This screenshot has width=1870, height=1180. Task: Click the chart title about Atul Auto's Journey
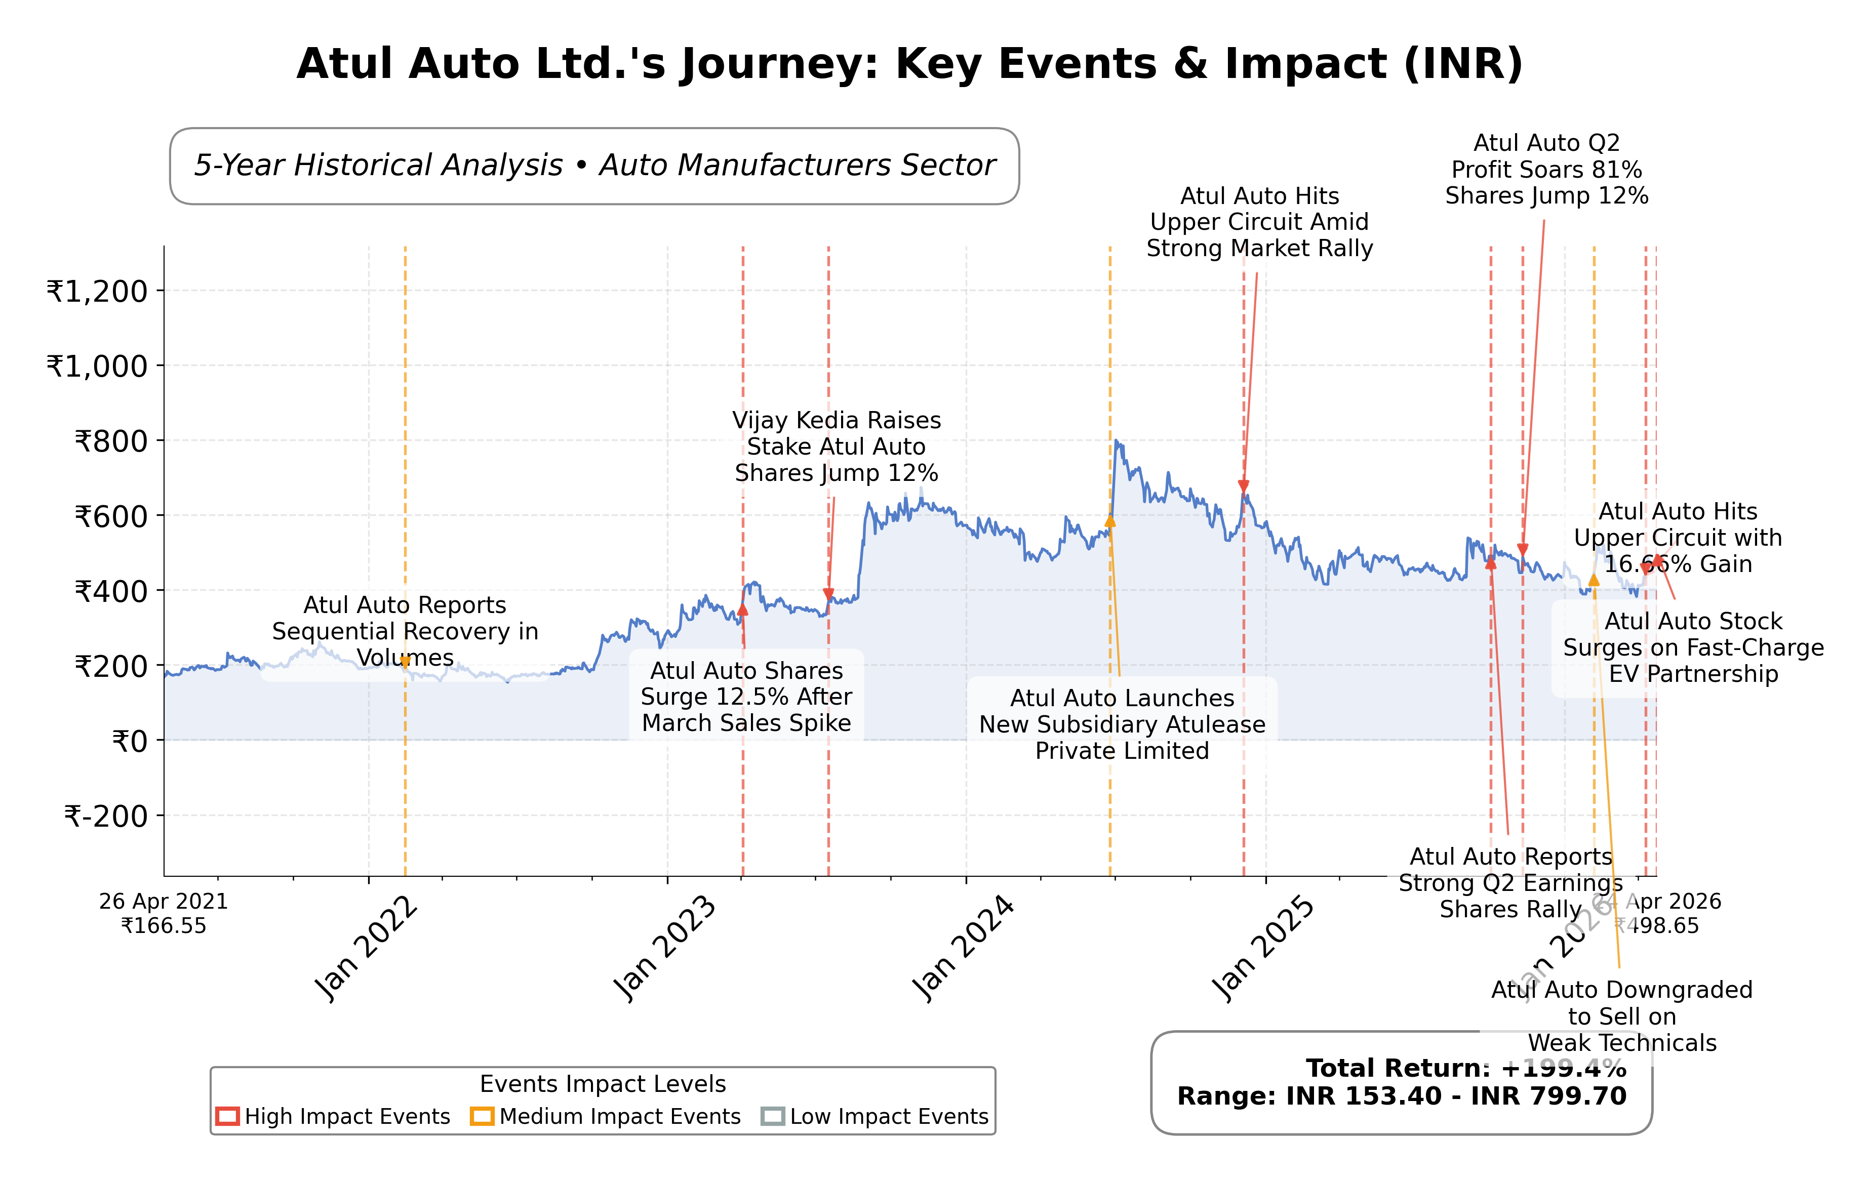[x=909, y=64]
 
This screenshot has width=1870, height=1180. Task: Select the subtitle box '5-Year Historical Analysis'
[x=594, y=166]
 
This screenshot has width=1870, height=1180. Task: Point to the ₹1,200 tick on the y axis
[x=97, y=292]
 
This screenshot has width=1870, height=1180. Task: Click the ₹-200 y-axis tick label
[x=106, y=817]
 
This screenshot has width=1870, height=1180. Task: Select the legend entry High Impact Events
[x=333, y=1116]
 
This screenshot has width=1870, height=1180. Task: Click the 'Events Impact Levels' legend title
[x=603, y=1084]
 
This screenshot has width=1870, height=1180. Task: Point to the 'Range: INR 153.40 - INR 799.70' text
[x=1401, y=1096]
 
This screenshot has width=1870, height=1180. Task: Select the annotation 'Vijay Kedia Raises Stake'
[x=837, y=446]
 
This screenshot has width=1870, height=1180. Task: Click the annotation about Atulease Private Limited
[x=1122, y=724]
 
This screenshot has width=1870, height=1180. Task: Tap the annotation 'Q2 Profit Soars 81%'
[x=1546, y=169]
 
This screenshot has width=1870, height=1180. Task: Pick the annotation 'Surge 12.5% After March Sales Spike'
[x=746, y=697]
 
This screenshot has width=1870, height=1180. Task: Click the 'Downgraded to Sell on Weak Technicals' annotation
[x=1621, y=1016]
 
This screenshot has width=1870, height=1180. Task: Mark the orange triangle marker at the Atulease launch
[x=1110, y=521]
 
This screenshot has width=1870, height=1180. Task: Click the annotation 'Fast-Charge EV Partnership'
[x=1693, y=647]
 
